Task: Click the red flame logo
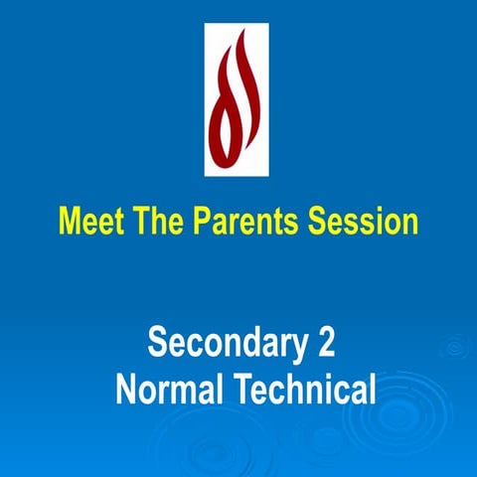click(x=238, y=99)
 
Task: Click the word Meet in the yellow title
click(x=89, y=221)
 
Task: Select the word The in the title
click(x=151, y=221)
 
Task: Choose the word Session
click(x=362, y=221)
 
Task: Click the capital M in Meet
click(x=70, y=221)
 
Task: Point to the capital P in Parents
click(x=190, y=221)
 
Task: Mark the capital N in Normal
click(x=126, y=388)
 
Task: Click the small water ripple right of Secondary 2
click(x=456, y=347)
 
